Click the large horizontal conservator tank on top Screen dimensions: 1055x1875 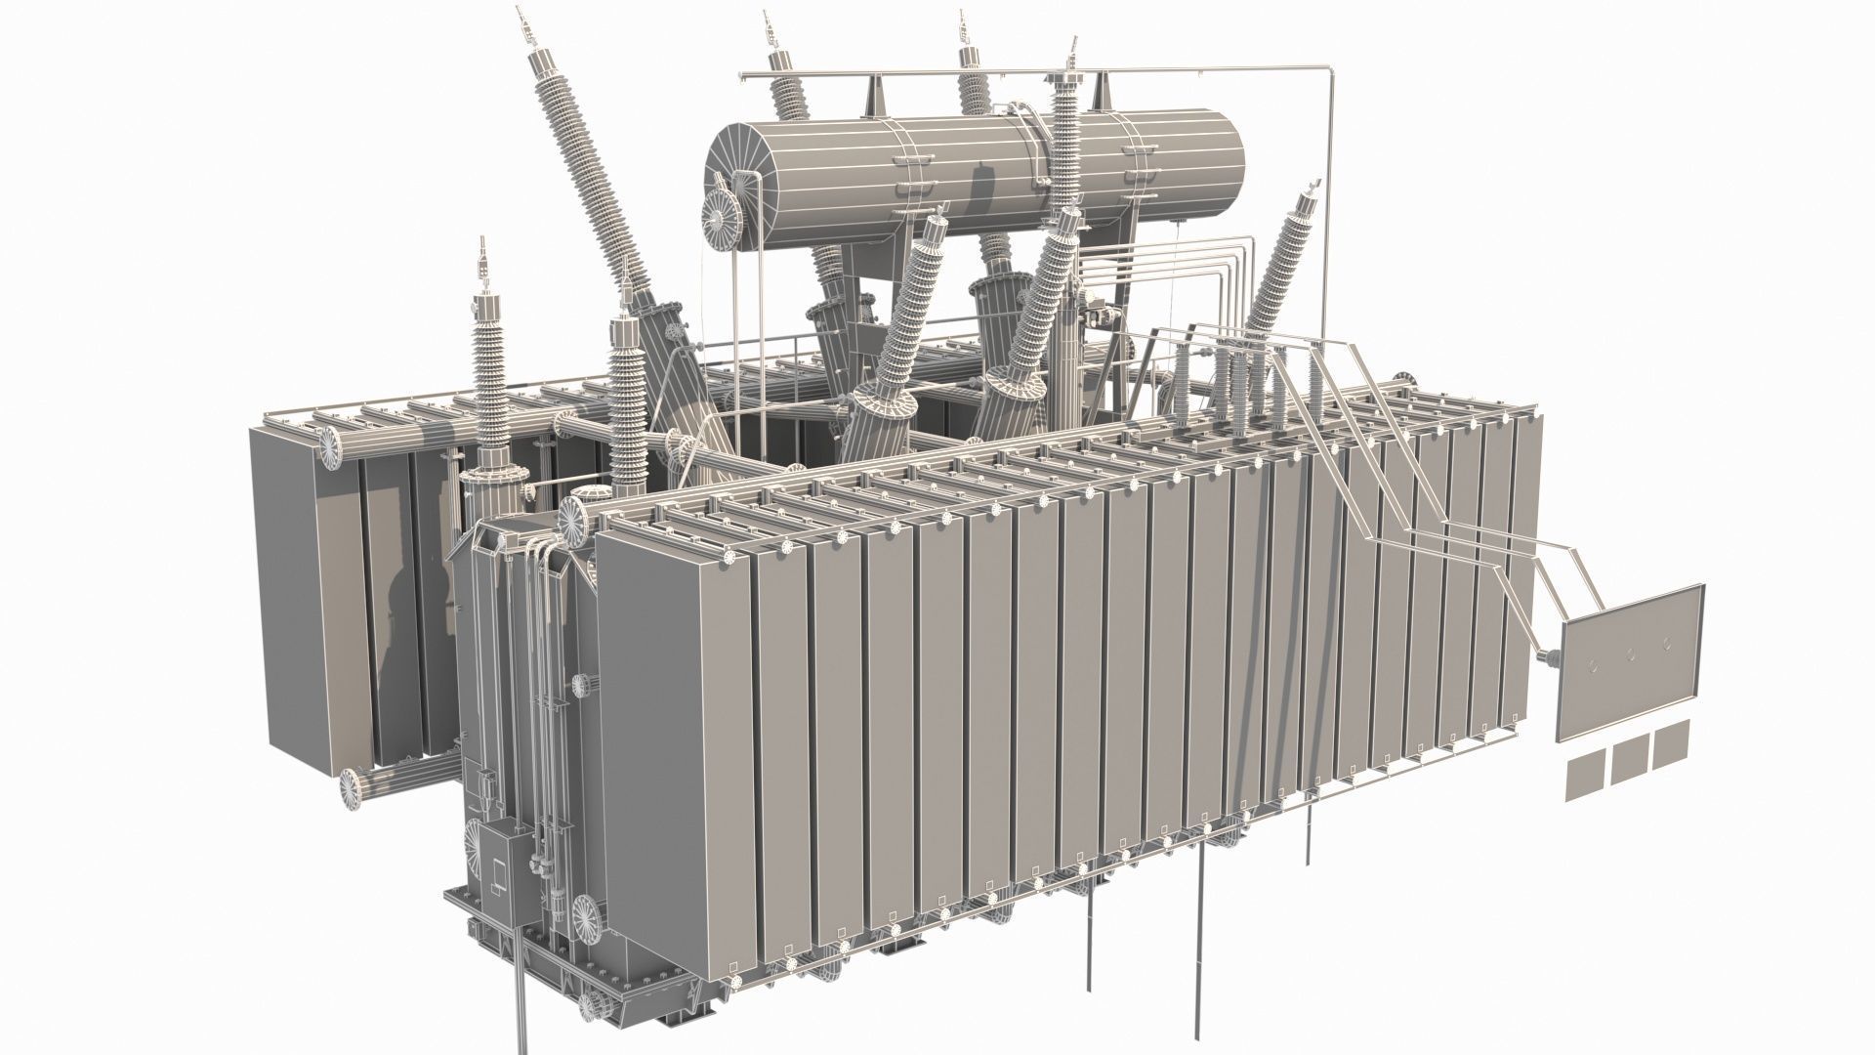click(977, 176)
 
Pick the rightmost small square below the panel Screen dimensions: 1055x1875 click(1670, 744)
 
